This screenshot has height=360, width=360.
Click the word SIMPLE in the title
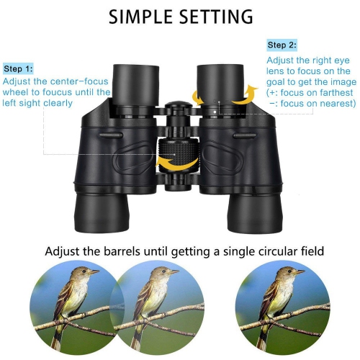pyautogui.click(x=141, y=16)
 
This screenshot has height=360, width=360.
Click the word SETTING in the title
pyautogui.click(x=214, y=16)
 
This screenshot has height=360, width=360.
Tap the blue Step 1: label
pyautogui.click(x=19, y=69)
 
